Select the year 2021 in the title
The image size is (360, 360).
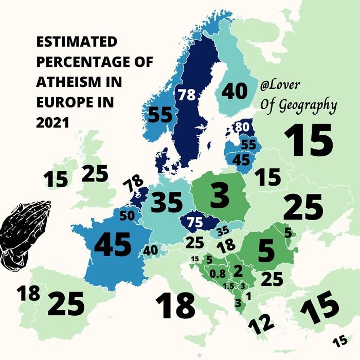tap(52, 123)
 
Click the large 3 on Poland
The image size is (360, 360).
tap(220, 197)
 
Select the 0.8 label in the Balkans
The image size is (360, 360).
tap(218, 273)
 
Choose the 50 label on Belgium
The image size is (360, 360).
tap(127, 216)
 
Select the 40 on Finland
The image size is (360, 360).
tap(235, 91)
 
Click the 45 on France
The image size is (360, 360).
tap(113, 244)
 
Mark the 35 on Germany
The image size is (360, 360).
tap(167, 203)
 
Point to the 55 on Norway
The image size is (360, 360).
tap(159, 115)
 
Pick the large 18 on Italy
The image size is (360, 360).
tap(175, 304)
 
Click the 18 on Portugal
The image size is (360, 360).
tap(28, 294)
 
